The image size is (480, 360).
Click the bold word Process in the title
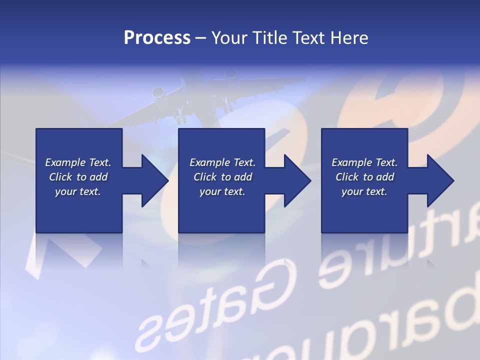coord(157,38)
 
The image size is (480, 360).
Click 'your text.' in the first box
coord(78,191)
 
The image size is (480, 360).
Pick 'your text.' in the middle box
coord(222,191)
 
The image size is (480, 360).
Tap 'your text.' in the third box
coord(364,191)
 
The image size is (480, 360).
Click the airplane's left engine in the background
coord(158,93)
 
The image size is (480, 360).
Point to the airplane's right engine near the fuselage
coord(230,75)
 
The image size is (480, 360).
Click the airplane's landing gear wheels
coord(180,119)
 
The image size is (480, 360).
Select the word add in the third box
coord(384,177)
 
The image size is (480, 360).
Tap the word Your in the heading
coord(230,38)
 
